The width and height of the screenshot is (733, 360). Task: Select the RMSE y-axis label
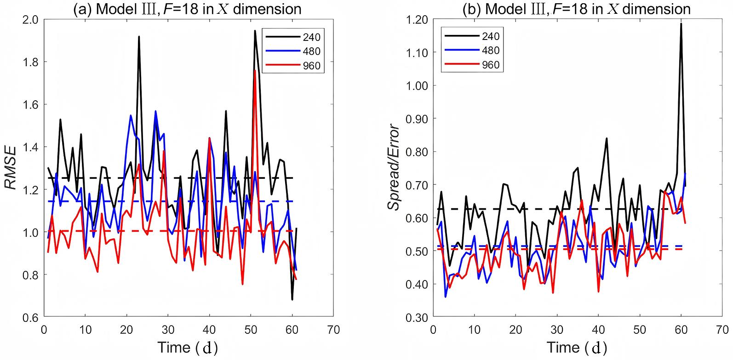point(11,168)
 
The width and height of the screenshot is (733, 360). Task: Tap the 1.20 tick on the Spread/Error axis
point(417,19)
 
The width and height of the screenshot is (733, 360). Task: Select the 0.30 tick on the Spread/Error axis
point(417,317)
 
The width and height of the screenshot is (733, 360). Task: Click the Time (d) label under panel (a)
point(186,347)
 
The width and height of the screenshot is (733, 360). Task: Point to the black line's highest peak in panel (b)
point(681,23)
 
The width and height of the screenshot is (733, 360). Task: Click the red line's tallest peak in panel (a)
point(254,70)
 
